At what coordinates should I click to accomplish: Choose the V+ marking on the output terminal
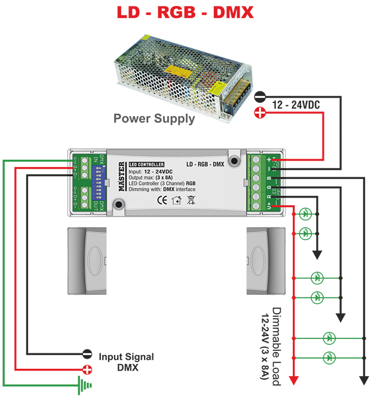point(268,205)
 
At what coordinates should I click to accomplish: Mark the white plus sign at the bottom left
point(87,371)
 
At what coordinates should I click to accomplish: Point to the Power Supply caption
point(157,119)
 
